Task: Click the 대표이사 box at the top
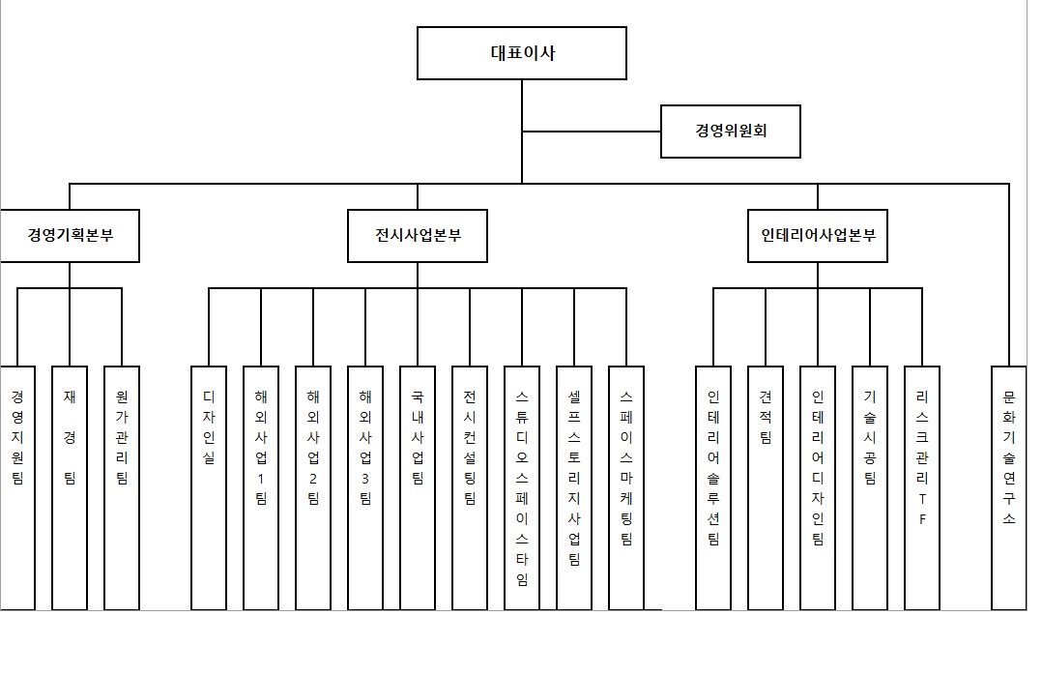click(x=522, y=53)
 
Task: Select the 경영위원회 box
click(x=731, y=131)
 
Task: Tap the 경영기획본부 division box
click(x=70, y=235)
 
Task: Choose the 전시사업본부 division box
click(x=418, y=235)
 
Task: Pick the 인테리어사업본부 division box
click(x=818, y=235)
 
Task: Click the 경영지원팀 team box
click(x=17, y=487)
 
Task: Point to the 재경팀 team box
click(x=70, y=487)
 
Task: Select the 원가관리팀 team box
click(x=122, y=487)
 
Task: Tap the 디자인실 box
click(x=209, y=487)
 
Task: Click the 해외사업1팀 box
click(x=261, y=487)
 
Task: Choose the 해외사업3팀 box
click(x=365, y=487)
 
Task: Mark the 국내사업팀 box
click(x=418, y=487)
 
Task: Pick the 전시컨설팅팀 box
click(x=470, y=487)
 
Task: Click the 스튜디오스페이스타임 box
click(x=522, y=487)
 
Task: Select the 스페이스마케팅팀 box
click(x=626, y=487)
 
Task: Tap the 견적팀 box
click(x=766, y=487)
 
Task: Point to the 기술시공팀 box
click(x=870, y=487)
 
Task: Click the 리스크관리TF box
click(x=922, y=487)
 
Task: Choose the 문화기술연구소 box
click(x=1009, y=487)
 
